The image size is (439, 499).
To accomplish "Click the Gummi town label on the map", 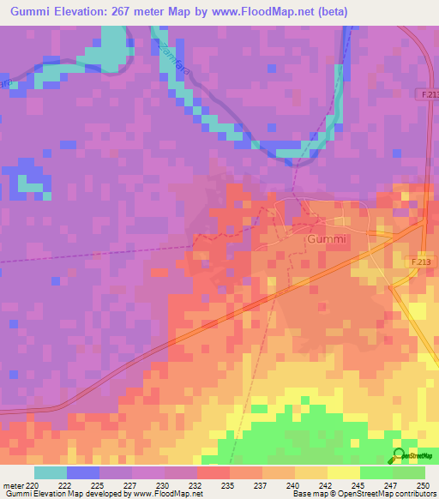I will point(327,240).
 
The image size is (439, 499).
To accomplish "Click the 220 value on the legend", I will point(32,485).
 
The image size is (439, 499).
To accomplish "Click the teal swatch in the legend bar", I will point(50,472).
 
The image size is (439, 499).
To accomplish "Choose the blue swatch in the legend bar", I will point(82,472).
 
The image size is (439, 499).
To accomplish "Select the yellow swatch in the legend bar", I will point(343,472).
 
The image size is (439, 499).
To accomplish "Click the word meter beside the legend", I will point(12,485).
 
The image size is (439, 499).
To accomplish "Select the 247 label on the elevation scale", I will point(391,485).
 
